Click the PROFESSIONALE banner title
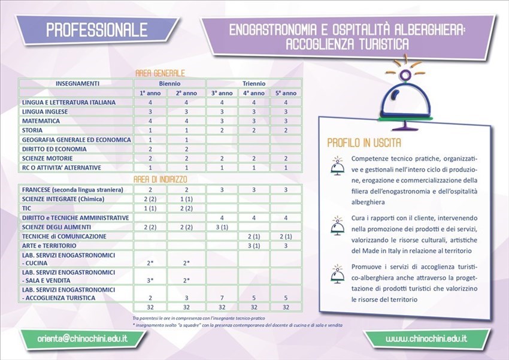click(96, 29)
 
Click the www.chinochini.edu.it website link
click(426, 339)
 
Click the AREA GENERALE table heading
click(160, 73)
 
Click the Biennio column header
click(169, 83)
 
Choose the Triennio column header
click(255, 83)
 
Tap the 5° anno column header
click(286, 93)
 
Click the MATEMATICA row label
click(41, 120)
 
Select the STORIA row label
click(32, 130)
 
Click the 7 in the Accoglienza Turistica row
click(222, 297)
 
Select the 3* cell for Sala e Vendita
click(151, 280)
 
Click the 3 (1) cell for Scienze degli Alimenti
click(222, 227)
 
